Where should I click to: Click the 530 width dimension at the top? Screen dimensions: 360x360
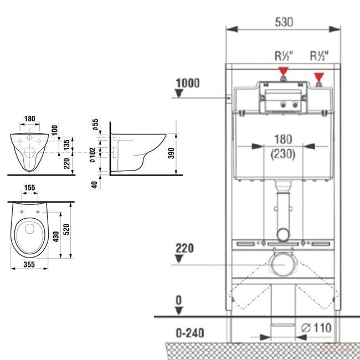point(284,22)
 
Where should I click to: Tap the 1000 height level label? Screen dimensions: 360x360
point(188,83)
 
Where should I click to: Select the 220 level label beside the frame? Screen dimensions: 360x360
point(184,249)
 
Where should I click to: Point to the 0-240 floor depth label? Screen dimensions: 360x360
point(190,333)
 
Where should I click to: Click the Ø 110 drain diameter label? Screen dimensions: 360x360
point(316,328)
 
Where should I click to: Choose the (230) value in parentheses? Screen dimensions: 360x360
point(283,154)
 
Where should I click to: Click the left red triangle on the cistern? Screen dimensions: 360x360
point(284,71)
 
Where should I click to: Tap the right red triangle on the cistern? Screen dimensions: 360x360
point(319,77)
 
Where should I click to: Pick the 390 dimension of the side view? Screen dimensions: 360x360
point(171,153)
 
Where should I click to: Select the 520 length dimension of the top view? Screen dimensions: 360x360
point(66,229)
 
